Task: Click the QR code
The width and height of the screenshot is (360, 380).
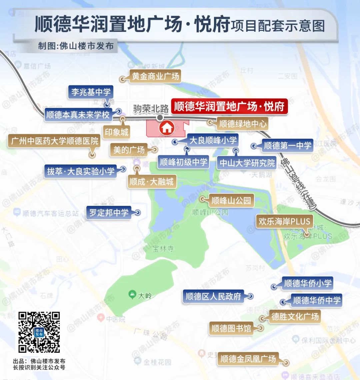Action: pos(39,332)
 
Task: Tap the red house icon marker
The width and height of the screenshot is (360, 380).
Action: pos(167,127)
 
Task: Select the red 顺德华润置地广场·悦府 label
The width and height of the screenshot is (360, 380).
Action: pos(230,106)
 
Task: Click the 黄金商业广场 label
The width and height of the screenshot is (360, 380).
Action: pos(155,76)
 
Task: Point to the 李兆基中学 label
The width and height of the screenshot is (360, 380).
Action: pos(91,92)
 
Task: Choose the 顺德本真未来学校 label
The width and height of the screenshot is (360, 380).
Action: pos(78,115)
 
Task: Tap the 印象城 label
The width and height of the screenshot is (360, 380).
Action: pos(116,132)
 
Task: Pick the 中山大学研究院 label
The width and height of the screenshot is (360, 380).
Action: pos(247,163)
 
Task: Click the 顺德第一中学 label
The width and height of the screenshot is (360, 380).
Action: pos(287,145)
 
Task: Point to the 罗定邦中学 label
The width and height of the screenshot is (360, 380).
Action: pos(109,213)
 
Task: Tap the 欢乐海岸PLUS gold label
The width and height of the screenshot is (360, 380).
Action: pos(284,221)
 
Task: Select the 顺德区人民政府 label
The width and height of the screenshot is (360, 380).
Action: pos(213,296)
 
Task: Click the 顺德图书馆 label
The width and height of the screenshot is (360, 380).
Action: pos(231,328)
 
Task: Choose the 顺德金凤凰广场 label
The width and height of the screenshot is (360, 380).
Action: pos(248,359)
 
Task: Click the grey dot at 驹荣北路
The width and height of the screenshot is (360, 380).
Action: pos(160,117)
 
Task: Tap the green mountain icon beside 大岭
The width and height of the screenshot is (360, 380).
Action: pos(132,295)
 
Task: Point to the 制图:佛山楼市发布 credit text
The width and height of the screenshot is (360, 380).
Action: pos(76,46)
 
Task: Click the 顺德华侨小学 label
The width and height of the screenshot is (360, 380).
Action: pos(308,283)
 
